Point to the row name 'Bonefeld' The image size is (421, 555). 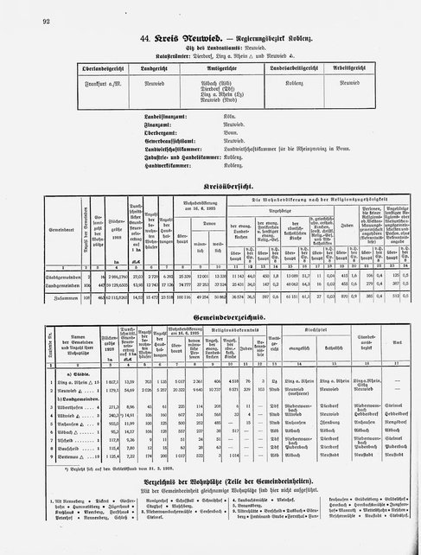[x=46, y=456]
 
